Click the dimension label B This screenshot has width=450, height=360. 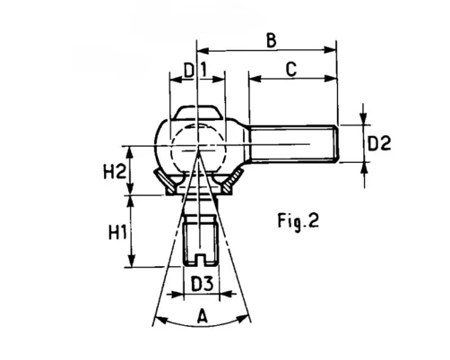[x=272, y=41]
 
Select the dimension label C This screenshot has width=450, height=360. [x=291, y=69]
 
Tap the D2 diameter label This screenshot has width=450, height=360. [x=379, y=143]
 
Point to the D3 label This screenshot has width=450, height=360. [x=203, y=284]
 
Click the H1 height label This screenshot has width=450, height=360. [x=117, y=233]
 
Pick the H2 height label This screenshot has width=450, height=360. [x=115, y=172]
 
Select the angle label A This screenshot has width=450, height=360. [x=203, y=317]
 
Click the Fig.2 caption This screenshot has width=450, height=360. [x=299, y=221]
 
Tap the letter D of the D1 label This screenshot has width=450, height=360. [x=189, y=71]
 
